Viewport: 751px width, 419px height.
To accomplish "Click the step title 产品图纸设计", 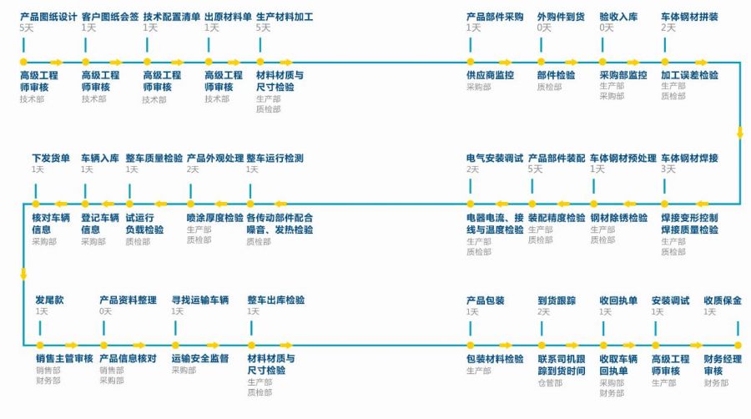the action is (x=48, y=17).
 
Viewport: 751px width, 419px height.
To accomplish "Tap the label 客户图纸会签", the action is (x=110, y=17).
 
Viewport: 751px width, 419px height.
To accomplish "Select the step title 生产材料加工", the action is (x=285, y=17).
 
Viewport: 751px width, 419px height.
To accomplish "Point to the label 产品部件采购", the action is (x=495, y=17).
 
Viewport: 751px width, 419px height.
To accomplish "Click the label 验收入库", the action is (x=618, y=17).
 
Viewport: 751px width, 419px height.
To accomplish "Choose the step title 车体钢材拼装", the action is (x=690, y=17).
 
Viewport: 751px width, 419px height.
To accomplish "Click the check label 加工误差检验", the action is (x=690, y=75).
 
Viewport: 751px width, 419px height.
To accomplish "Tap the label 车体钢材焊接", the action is (x=690, y=158).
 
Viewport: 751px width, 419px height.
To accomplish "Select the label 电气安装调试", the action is (x=495, y=158).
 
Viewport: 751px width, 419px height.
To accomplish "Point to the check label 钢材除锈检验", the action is (x=619, y=218).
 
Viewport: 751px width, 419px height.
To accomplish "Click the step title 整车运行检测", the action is (x=275, y=158).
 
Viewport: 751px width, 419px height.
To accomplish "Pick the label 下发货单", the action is (x=51, y=158).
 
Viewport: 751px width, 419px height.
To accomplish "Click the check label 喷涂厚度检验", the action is (x=215, y=218).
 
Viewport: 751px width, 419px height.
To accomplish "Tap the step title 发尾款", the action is (x=49, y=300).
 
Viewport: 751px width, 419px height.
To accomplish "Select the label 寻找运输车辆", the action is (x=200, y=300).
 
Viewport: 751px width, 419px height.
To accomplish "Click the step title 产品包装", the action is (x=485, y=300).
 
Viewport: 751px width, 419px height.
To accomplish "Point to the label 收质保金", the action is (x=723, y=300).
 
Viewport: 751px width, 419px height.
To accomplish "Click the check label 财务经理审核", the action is (x=723, y=365).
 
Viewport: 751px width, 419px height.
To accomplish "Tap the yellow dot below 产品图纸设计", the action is (x=23, y=62).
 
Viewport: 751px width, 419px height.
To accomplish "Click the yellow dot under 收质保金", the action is (x=738, y=346).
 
